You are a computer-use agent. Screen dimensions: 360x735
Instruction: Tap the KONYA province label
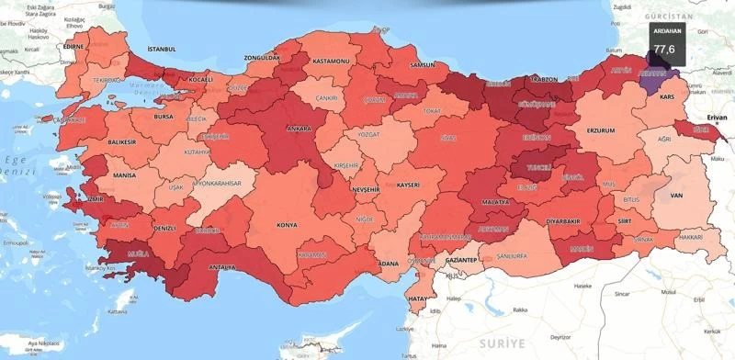288,224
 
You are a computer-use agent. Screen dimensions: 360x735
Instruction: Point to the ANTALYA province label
222,267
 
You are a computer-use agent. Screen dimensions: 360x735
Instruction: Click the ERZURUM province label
599,131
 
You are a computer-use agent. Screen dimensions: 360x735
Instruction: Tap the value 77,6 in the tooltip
664,48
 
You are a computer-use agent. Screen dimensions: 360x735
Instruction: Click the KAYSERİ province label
408,185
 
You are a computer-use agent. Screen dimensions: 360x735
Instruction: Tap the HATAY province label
418,299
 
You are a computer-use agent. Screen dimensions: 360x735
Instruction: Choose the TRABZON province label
544,80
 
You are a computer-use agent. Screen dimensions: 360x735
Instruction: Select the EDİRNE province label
73,45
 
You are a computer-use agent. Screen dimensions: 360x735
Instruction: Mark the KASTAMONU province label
331,61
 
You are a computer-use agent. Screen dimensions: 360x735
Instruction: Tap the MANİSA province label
124,174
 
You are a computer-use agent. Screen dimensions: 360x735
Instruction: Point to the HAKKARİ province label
689,236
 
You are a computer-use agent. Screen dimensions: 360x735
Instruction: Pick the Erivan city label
716,118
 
